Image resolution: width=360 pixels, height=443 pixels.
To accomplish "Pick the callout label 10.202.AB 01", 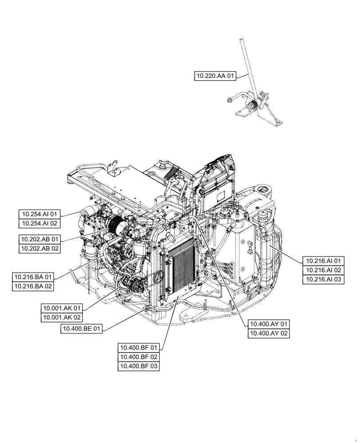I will click(39, 239).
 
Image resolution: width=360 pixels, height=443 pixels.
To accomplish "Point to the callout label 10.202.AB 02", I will click(39, 249).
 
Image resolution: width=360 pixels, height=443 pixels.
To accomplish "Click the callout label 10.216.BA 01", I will click(33, 276).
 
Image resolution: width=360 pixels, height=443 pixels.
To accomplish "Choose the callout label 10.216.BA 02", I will click(33, 286).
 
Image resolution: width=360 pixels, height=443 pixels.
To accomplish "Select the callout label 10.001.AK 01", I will click(62, 308).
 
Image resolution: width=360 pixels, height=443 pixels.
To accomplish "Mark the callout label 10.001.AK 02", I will click(62, 318).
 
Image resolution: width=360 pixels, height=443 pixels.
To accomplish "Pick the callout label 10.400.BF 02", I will click(138, 357).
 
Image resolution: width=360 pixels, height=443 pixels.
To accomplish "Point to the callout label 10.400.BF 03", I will click(138, 366).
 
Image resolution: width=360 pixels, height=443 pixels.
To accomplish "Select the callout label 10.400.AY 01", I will click(269, 323).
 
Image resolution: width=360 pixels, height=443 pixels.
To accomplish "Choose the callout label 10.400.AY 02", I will click(269, 333).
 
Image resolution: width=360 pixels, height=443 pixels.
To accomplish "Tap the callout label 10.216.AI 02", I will click(323, 270).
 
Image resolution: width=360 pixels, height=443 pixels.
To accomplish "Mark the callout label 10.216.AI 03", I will click(323, 280).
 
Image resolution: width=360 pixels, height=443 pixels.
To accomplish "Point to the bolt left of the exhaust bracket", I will click(228, 101).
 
